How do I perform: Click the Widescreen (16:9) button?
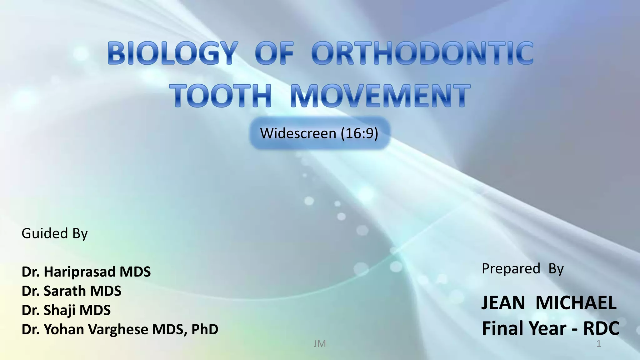tap(319, 133)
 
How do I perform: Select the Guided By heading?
tap(55, 233)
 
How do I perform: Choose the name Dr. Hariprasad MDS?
tap(86, 272)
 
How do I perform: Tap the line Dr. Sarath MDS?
tap(71, 291)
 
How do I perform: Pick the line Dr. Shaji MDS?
tap(66, 310)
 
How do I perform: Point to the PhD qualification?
tap(204, 329)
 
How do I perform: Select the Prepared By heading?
tap(522, 268)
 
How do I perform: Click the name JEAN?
tap(503, 302)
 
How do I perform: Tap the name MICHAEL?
tap(576, 302)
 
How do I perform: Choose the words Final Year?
tap(524, 328)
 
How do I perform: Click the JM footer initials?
tap(319, 344)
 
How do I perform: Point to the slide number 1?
tap(599, 344)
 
